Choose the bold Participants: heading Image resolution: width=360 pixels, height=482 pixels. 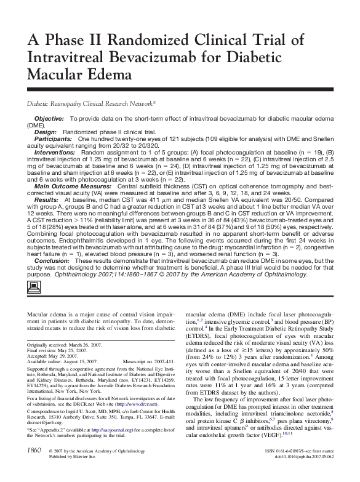click(x=53, y=139)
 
